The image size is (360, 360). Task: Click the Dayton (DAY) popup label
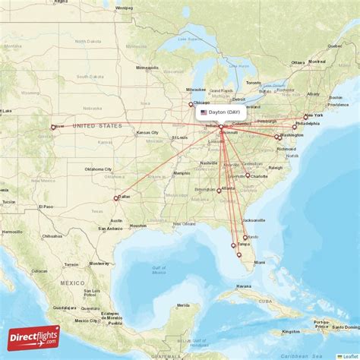pyautogui.click(x=219, y=112)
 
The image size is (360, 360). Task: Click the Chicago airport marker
pyautogui.click(x=191, y=105)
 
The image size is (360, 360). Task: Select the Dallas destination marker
pyautogui.click(x=116, y=198)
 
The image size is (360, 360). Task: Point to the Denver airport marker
pyautogui.click(x=52, y=128)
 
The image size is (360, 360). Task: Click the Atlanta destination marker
pyautogui.click(x=219, y=191)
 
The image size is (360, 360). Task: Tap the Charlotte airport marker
pyautogui.click(x=248, y=175)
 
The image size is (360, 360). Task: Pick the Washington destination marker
pyautogui.click(x=277, y=137)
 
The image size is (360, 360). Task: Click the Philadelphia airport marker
pyautogui.click(x=295, y=127)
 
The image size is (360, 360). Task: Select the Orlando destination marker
pyautogui.click(x=245, y=238)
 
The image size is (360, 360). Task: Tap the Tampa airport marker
pyautogui.click(x=233, y=245)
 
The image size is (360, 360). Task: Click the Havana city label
pyautogui.click(x=242, y=286)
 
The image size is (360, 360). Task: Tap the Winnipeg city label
pyautogui.click(x=124, y=8)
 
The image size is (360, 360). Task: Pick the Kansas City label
pyautogui.click(x=147, y=132)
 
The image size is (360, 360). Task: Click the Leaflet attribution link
pyautogui.click(x=350, y=355)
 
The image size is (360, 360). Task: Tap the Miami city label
pyautogui.click(x=260, y=262)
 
